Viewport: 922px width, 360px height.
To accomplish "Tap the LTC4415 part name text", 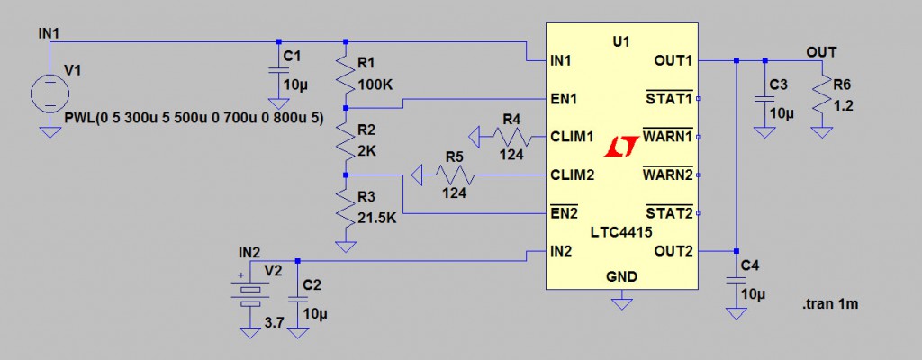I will pyautogui.click(x=621, y=232).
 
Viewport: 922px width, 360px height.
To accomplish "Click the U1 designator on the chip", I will pyautogui.click(x=620, y=41).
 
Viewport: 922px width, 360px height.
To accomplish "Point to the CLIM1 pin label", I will pyautogui.click(x=572, y=137).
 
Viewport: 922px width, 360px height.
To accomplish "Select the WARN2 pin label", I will pyautogui.click(x=667, y=175).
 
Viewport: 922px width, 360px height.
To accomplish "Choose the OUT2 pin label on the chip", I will pyautogui.click(x=674, y=250).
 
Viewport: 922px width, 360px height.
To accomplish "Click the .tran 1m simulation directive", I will pyautogui.click(x=830, y=304).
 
